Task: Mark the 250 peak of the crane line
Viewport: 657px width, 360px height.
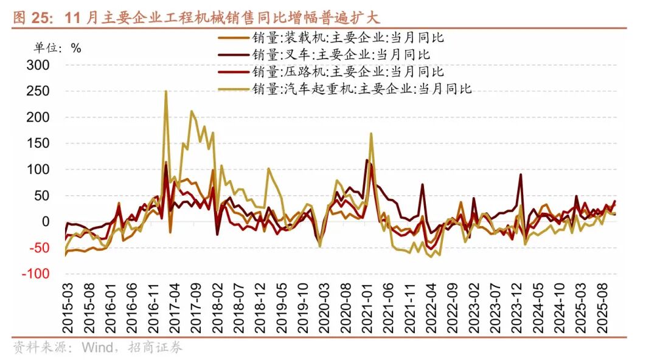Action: pos(166,92)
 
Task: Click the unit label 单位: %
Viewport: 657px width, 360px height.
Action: pos(57,48)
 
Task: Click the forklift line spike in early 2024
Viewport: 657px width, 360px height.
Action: pos(521,175)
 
